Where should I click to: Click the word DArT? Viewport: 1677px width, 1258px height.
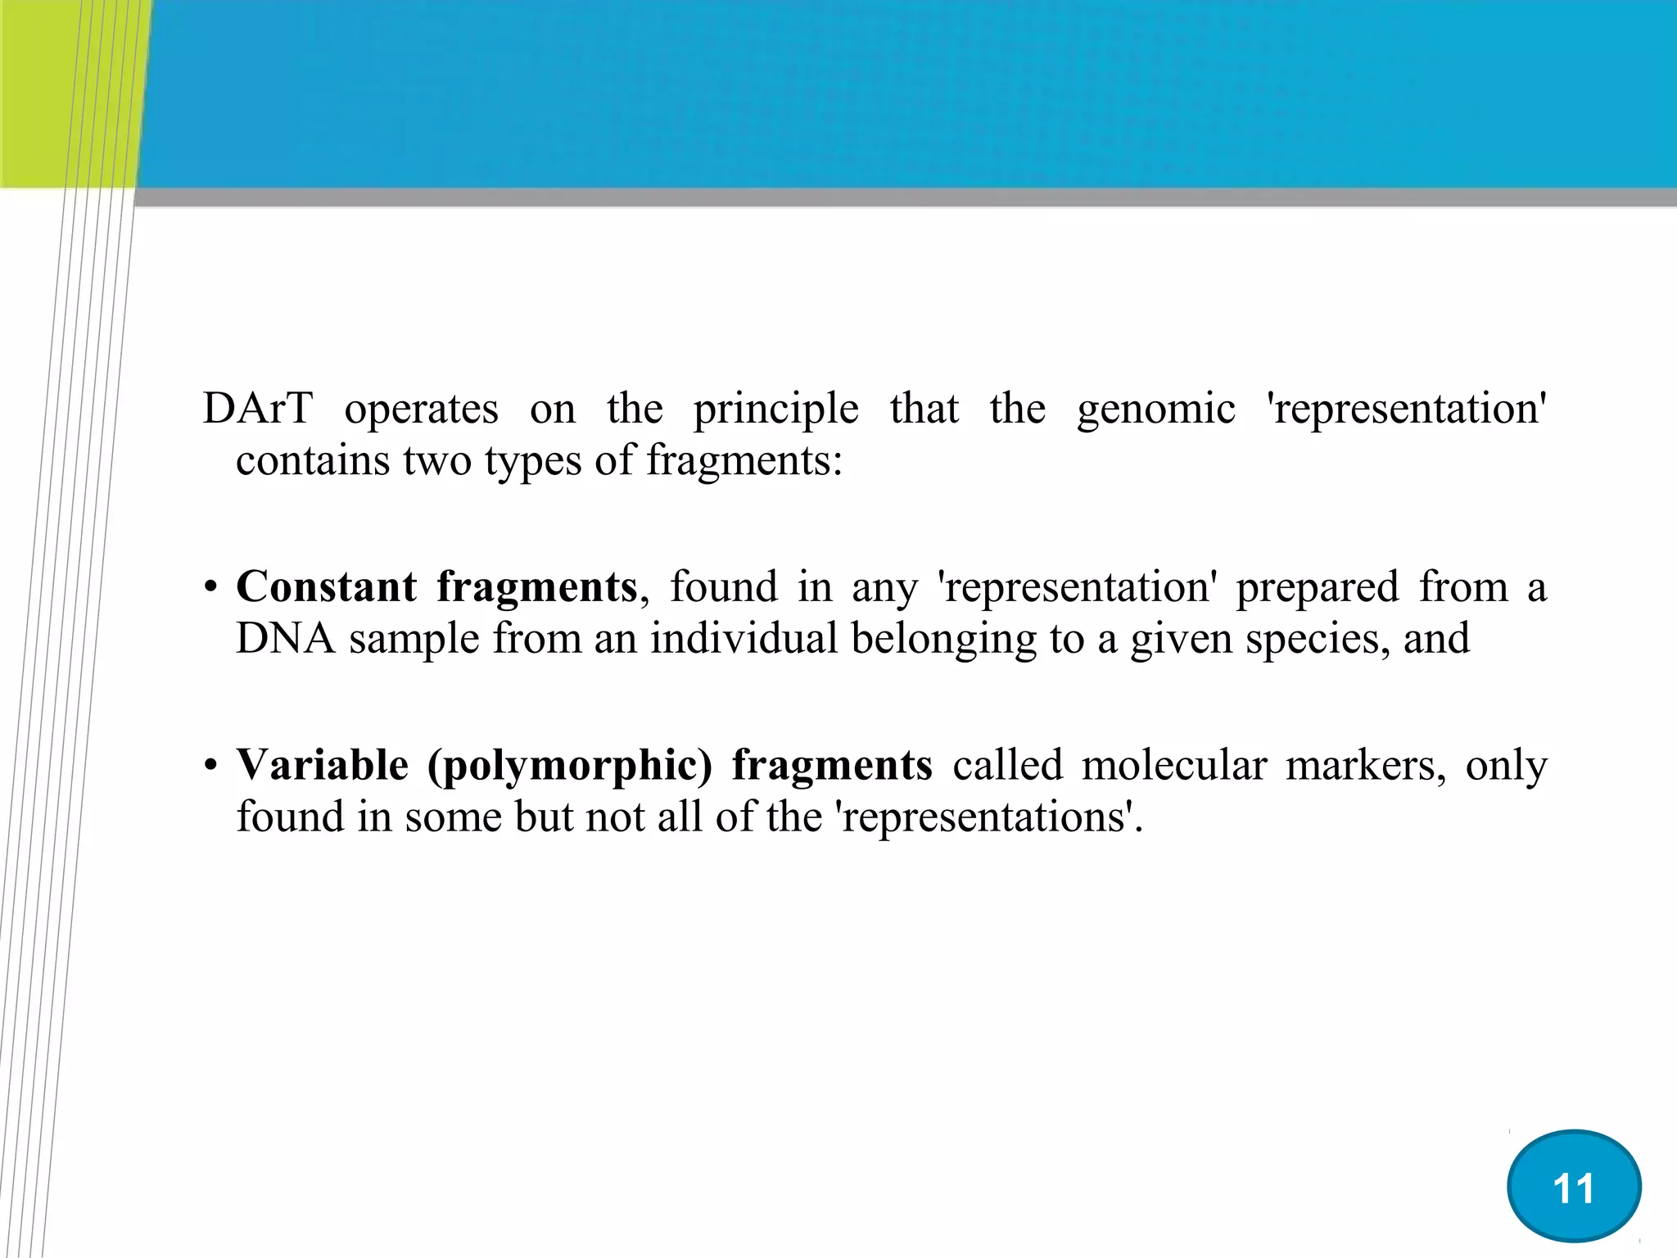257,408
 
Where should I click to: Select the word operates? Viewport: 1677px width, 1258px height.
421,410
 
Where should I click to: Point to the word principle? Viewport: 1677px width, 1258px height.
776,410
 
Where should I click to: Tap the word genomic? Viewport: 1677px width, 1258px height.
1155,410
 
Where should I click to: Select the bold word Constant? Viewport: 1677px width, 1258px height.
327,586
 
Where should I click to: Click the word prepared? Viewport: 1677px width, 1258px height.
1317,588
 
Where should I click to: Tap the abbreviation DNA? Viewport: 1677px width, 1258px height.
286,638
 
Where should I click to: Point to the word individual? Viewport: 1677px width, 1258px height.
744,638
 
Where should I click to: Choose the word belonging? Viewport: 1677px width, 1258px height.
943,640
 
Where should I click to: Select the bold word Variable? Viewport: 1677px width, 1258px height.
323,765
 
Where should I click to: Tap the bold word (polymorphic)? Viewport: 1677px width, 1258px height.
570,767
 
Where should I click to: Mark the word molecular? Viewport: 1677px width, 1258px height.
1173,765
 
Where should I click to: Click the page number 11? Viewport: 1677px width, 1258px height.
1573,1188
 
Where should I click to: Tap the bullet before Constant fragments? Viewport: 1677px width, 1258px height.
211,588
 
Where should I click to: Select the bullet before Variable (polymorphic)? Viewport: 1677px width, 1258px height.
211,767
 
